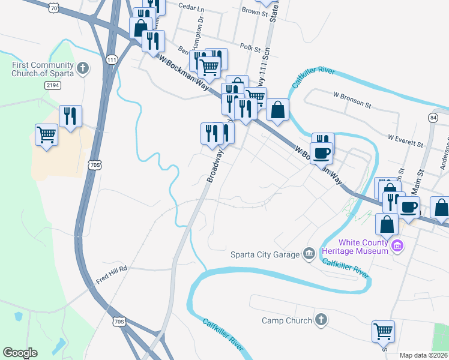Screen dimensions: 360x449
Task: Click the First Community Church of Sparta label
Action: pos(42,69)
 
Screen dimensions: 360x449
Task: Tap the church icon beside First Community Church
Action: pos(83,69)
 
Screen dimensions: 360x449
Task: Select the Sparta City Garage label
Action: pos(265,254)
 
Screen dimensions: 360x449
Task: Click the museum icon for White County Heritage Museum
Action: pos(396,246)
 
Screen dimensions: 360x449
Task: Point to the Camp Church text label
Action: pos(287,320)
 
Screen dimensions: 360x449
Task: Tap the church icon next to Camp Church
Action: pos(321,320)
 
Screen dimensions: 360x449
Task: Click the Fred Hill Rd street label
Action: pos(112,269)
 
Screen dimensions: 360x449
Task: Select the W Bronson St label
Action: pos(352,99)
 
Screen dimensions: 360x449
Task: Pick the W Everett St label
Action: pos(406,140)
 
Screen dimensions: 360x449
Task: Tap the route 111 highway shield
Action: pos(111,60)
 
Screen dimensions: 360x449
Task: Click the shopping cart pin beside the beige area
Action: pos(46,135)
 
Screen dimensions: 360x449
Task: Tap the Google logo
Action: pos(20,353)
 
